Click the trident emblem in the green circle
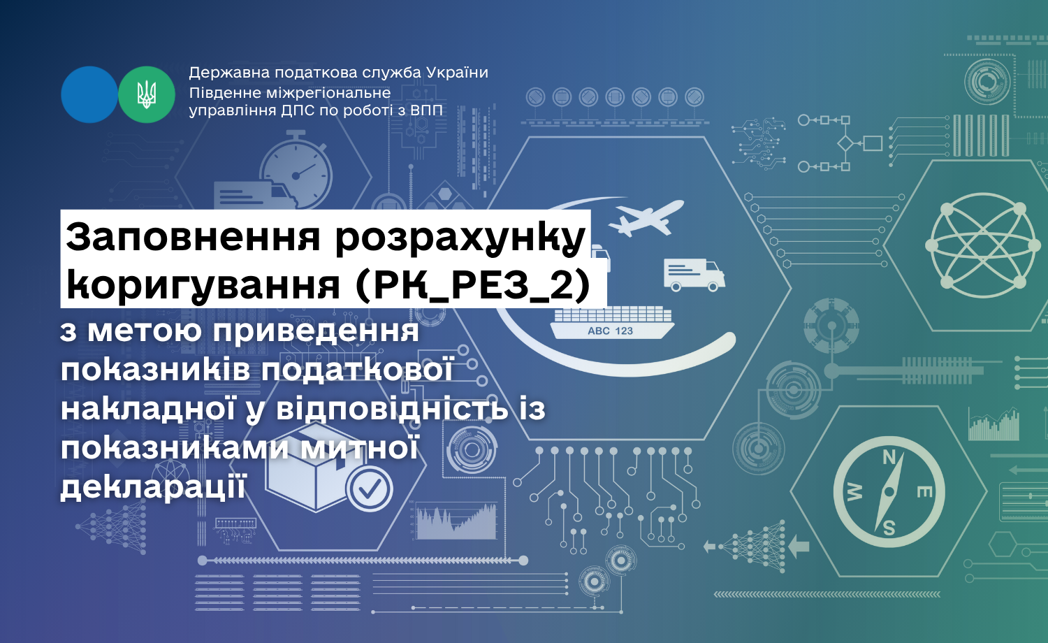pos(147,94)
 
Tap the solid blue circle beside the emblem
pos(89,94)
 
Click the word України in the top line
pos(457,73)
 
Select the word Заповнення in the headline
pos(194,236)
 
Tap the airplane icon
pos(646,217)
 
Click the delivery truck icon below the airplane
pos(694,275)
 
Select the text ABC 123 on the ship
pos(610,331)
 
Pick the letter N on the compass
pos(889,457)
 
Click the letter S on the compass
pos(889,528)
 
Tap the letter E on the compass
pos(924,492)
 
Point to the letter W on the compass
pos(854,492)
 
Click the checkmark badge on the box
pos(369,489)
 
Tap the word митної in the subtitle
pos(359,448)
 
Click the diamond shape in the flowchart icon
pos(845,143)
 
